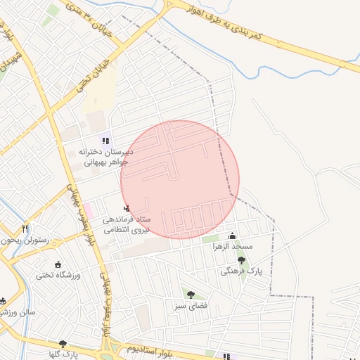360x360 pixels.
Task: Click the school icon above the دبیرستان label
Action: click(106, 141)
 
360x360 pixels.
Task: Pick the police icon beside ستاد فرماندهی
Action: click(127, 208)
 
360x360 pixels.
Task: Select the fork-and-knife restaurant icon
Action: click(25, 228)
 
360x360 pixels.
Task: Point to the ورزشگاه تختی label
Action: click(59, 275)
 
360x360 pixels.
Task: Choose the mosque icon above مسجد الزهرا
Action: click(233, 236)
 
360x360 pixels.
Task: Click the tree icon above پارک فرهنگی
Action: click(241, 259)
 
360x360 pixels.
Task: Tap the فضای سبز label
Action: click(189, 306)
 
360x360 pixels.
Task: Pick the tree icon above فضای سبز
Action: click(190, 294)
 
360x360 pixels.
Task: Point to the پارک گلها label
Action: click(62, 354)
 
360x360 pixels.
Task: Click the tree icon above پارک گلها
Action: click(63, 344)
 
